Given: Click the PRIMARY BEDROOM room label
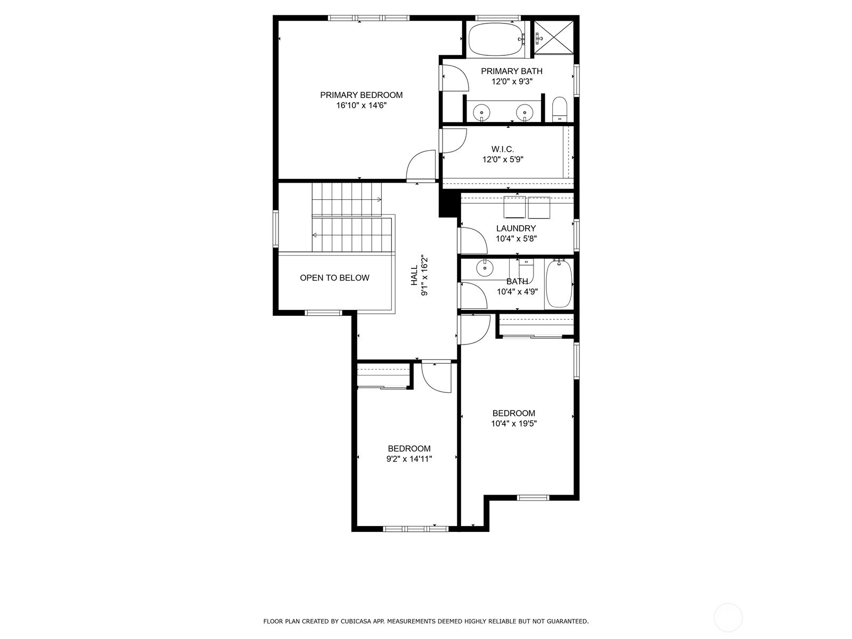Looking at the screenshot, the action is coord(361,95).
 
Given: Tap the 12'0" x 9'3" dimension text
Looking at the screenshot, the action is coord(512,81).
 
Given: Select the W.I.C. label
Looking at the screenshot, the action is coord(503,149).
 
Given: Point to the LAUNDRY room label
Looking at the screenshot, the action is coord(516,228).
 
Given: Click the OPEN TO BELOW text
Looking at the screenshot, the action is coord(334,278).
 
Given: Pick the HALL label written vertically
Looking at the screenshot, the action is coord(414,275).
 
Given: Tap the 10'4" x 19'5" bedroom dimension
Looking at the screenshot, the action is coord(513,424).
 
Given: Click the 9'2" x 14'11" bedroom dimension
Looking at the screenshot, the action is coord(409,459).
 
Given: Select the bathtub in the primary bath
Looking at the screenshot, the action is coord(497,39).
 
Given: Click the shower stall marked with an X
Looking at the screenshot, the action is coord(554,38).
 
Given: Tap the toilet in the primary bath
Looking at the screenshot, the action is coord(559,109).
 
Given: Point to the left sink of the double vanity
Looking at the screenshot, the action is coord(481,112).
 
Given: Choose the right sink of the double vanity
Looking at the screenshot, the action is coord(525,112).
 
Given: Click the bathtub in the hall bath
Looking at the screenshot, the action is coord(559,284).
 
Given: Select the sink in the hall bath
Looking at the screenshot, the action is coord(485,268).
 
